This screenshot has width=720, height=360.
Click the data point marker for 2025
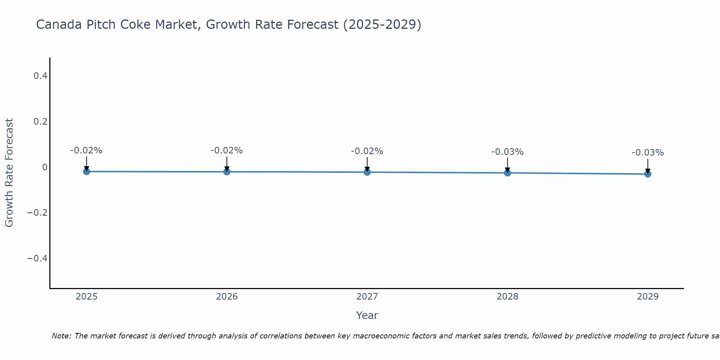click(86, 172)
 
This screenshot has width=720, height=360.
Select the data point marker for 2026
click(227, 172)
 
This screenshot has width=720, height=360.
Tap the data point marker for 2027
click(367, 172)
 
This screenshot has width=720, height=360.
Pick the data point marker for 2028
click(508, 173)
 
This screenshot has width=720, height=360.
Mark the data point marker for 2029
click(648, 174)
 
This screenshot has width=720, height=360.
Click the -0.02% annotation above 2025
click(86, 150)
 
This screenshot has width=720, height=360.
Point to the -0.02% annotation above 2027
click(367, 151)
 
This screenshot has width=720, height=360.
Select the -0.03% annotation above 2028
click(508, 152)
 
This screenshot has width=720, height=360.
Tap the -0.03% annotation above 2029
click(648, 153)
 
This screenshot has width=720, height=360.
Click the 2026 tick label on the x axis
click(227, 297)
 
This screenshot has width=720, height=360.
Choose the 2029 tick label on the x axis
click(648, 297)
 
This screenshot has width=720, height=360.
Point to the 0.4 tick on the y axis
click(40, 76)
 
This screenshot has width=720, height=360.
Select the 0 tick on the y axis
click(45, 167)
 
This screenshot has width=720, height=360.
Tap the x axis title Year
click(367, 315)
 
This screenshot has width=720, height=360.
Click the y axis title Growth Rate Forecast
click(9, 173)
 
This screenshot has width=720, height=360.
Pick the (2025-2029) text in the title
click(382, 24)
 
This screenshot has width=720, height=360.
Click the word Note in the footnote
click(61, 336)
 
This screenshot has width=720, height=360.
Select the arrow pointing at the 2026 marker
click(227, 164)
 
